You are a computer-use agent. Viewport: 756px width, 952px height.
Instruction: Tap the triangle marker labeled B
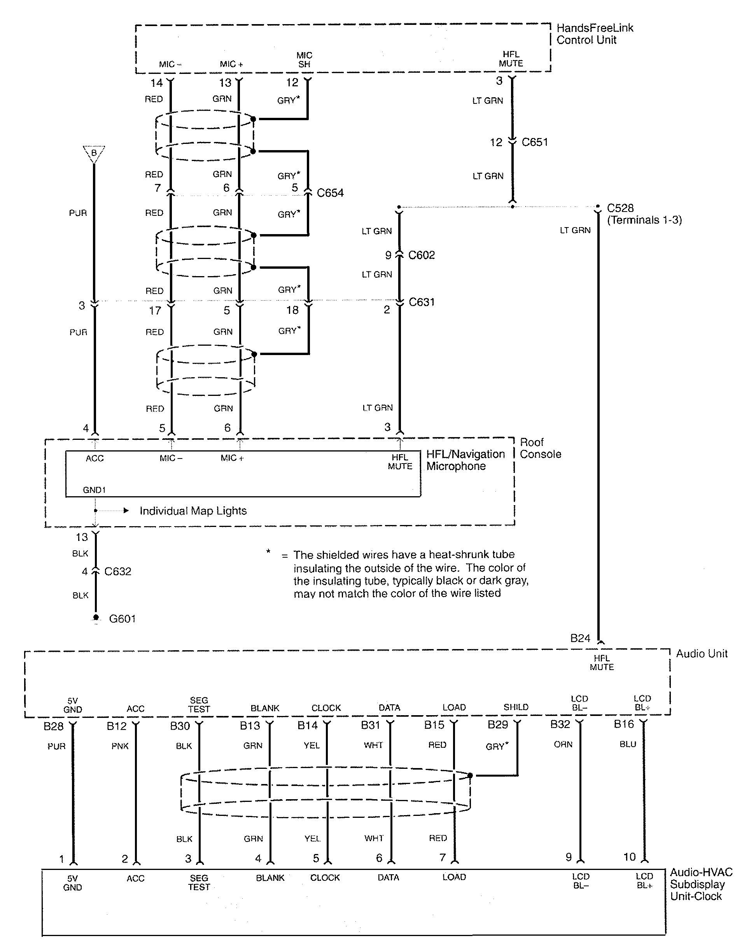(x=94, y=154)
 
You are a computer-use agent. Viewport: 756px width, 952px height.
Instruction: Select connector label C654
(x=330, y=193)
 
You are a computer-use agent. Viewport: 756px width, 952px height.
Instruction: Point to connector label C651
(x=534, y=142)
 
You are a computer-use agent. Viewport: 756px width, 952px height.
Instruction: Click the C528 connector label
(x=620, y=208)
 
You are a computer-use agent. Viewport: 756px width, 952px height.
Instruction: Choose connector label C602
(x=421, y=255)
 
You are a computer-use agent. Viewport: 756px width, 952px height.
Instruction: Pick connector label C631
(x=421, y=302)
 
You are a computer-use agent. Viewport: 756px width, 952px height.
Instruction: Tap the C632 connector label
(x=117, y=571)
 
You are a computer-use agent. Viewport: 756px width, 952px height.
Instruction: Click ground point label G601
(x=122, y=619)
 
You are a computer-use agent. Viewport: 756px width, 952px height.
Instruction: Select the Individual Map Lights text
(x=193, y=511)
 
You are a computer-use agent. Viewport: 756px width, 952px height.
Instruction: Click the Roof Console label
(x=540, y=448)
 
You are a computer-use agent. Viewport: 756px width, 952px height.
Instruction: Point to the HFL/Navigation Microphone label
(x=465, y=460)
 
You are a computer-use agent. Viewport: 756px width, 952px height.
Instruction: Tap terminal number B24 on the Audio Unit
(x=580, y=638)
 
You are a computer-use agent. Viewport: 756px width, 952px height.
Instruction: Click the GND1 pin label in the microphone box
(x=94, y=490)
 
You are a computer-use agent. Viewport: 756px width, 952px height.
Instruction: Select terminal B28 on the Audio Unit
(x=53, y=726)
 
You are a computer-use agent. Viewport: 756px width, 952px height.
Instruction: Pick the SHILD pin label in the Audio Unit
(x=516, y=707)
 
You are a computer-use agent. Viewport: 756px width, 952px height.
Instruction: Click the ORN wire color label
(x=563, y=744)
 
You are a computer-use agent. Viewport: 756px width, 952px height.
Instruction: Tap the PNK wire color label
(x=120, y=746)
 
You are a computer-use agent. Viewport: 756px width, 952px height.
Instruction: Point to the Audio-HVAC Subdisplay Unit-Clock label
(x=701, y=884)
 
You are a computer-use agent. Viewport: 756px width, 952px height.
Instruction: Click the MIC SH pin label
(x=304, y=59)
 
